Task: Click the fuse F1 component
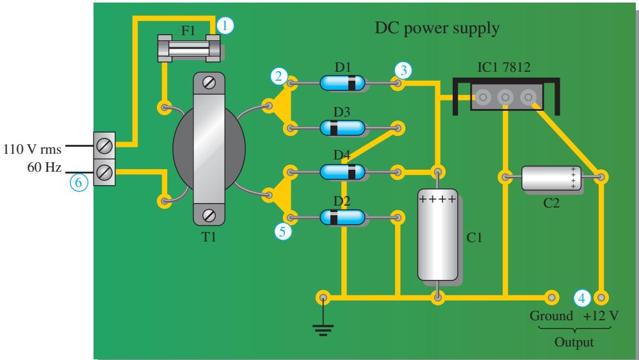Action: pyautogui.click(x=189, y=48)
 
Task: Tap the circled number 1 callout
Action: pyautogui.click(x=225, y=26)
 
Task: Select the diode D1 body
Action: pyautogui.click(x=343, y=83)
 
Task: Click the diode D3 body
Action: pyautogui.click(x=343, y=128)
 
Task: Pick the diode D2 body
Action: pyautogui.click(x=343, y=217)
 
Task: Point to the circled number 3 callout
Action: pyautogui.click(x=403, y=70)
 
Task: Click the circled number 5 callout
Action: pyautogui.click(x=283, y=232)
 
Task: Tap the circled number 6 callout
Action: pyautogui.click(x=79, y=183)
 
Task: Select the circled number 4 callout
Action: pyautogui.click(x=582, y=298)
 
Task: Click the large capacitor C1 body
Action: pyautogui.click(x=438, y=234)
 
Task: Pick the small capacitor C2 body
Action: pyautogui.click(x=551, y=177)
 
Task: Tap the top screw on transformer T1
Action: pyautogui.click(x=209, y=83)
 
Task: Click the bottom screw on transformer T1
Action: pyautogui.click(x=209, y=214)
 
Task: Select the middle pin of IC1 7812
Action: pyautogui.click(x=505, y=97)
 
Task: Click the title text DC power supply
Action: pyautogui.click(x=437, y=29)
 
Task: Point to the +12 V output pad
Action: pyautogui.click(x=601, y=297)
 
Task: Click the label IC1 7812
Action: pyautogui.click(x=504, y=67)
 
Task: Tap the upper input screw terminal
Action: pyautogui.click(x=104, y=145)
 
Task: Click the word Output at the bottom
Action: pyautogui.click(x=574, y=343)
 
